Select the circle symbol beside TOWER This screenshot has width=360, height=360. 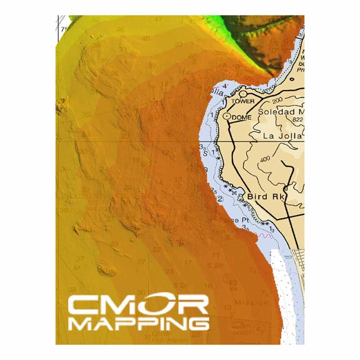(243, 94)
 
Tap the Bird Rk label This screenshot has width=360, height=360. (266, 196)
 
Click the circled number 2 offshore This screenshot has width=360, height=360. (220, 199)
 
